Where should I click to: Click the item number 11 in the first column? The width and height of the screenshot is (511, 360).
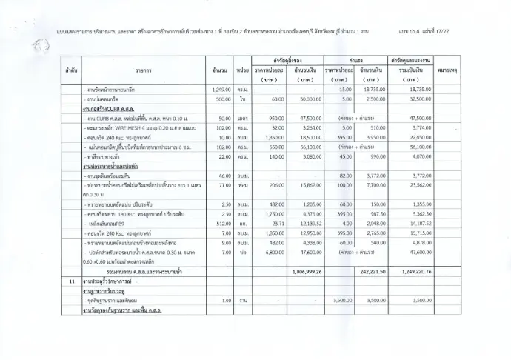pyautogui.click(x=70, y=282)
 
